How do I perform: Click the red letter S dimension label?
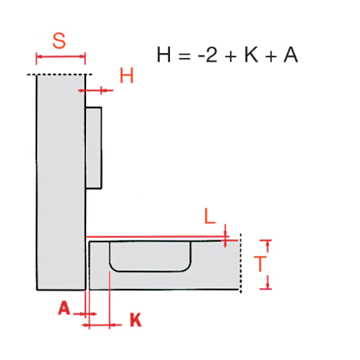(59, 41)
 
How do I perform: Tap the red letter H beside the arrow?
(127, 76)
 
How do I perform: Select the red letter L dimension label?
(210, 216)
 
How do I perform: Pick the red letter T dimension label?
(260, 264)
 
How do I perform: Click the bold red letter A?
(64, 308)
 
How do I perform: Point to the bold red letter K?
(136, 319)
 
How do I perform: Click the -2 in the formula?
(208, 54)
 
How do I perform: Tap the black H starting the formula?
(164, 54)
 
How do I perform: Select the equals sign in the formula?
(184, 56)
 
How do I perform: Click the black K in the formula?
(251, 54)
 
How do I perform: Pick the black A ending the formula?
(290, 54)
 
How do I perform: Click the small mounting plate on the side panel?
(94, 147)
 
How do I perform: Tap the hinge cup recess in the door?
(150, 257)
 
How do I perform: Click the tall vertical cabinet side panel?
(61, 182)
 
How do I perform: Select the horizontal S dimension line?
(61, 56)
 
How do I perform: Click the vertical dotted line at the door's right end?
(241, 264)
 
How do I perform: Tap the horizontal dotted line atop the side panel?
(59, 74)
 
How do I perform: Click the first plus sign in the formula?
(231, 56)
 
